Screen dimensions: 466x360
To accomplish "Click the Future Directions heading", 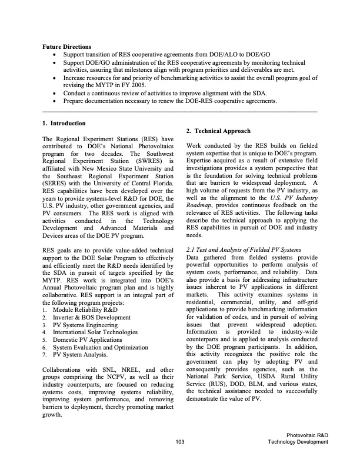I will point(66,46).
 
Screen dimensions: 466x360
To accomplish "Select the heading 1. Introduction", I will point(64,123).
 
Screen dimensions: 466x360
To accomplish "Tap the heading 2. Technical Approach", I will point(218,131).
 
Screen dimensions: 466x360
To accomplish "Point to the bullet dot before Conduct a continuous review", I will point(55,93).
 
